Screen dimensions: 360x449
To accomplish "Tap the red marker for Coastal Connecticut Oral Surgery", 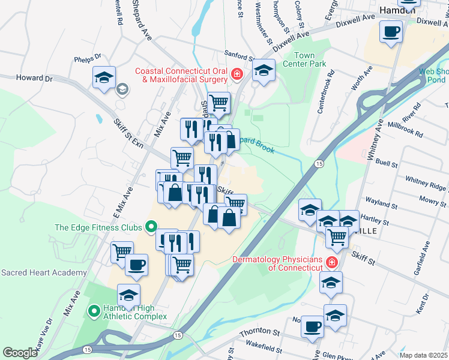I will click(x=237, y=74).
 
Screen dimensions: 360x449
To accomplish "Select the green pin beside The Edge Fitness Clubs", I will click(x=151, y=227).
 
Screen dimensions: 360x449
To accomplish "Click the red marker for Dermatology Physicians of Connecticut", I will click(x=331, y=262).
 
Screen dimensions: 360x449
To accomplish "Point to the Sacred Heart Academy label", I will click(x=43, y=272).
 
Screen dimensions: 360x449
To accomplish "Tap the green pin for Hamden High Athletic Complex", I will click(x=94, y=311).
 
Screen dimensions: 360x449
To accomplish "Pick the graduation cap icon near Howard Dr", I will click(x=104, y=77).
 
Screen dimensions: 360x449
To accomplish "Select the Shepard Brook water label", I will click(x=253, y=144).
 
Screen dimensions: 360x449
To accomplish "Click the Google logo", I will click(x=20, y=353).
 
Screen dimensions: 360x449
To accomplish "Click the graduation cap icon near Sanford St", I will click(x=264, y=70).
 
